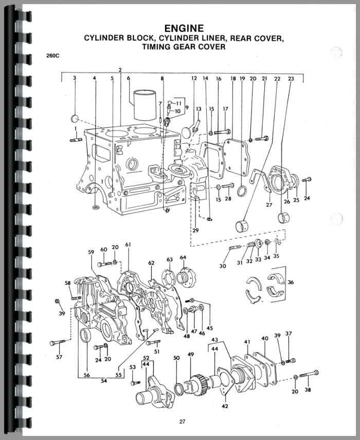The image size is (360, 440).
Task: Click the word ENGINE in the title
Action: pyautogui.click(x=184, y=28)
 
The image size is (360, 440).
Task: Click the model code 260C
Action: pyautogui.click(x=52, y=56)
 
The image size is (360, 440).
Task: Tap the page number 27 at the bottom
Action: pyautogui.click(x=182, y=421)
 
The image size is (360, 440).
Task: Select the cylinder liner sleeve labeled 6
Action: pyautogui.click(x=145, y=105)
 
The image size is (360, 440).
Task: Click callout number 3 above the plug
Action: pyautogui.click(x=74, y=78)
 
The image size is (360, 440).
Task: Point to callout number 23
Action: pyautogui.click(x=291, y=79)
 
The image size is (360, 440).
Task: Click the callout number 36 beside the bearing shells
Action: pyautogui.click(x=291, y=282)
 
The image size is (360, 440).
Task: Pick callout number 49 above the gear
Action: pyautogui.click(x=191, y=355)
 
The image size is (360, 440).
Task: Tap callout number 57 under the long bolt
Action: pyautogui.click(x=59, y=357)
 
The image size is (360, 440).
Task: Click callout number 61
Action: pyautogui.click(x=128, y=244)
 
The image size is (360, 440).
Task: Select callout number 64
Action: pyautogui.click(x=183, y=257)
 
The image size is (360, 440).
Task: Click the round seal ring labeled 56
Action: pyautogui.click(x=86, y=335)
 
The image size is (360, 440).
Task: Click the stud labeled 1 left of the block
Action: pyautogui.click(x=76, y=139)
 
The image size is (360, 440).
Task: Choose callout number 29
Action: pyautogui.click(x=196, y=231)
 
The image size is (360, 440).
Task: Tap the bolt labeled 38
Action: pyautogui.click(x=309, y=374)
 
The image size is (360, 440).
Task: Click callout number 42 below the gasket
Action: pyautogui.click(x=225, y=406)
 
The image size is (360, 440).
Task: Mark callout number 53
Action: pyautogui.click(x=133, y=367)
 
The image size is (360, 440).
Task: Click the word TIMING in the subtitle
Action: pyautogui.click(x=156, y=47)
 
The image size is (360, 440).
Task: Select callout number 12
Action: pyautogui.click(x=194, y=78)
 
